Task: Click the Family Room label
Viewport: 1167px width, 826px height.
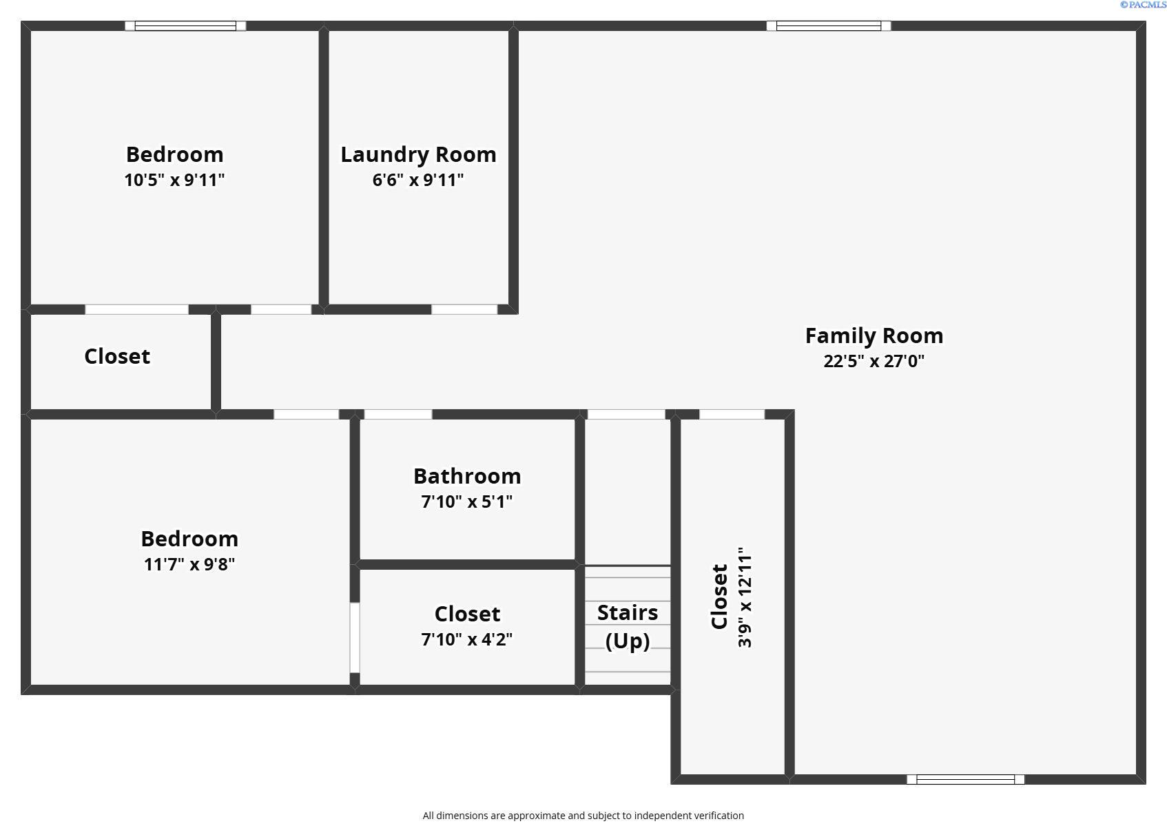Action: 874,336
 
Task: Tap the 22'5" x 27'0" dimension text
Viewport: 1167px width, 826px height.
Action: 874,361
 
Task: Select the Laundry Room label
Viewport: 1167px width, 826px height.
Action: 418,155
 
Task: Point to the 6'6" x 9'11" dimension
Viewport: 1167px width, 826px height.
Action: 418,180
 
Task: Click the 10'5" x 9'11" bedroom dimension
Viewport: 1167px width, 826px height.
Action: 174,180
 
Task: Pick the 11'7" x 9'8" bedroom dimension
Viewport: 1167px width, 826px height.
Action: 189,564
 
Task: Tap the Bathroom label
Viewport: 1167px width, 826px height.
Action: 467,476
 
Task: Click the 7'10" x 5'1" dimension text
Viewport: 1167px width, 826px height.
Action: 467,502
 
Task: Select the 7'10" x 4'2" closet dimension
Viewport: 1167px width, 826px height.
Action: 467,639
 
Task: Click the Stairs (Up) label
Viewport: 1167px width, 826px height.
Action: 628,627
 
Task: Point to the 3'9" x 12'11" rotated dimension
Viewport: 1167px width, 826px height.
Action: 745,597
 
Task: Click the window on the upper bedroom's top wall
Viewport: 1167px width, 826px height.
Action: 185,26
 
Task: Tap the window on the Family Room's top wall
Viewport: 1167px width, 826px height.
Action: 829,26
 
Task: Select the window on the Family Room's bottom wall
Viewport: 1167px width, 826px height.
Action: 965,780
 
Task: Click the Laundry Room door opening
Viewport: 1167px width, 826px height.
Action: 465,309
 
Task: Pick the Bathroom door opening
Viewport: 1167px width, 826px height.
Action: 398,415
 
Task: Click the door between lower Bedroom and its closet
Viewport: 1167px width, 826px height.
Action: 355,638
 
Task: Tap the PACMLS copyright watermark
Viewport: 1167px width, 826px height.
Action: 1143,5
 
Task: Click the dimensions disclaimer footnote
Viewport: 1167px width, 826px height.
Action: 583,816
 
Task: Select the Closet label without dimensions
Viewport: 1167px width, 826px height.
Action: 117,357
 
